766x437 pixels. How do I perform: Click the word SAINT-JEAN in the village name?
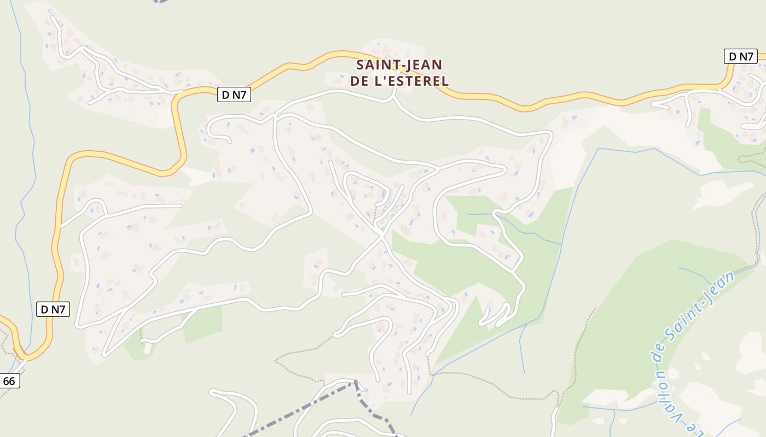399,65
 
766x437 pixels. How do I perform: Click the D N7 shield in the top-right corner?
740,56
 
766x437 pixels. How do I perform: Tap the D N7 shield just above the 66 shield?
53,309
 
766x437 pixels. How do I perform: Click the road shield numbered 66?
9,381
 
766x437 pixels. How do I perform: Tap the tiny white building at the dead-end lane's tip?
147,348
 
